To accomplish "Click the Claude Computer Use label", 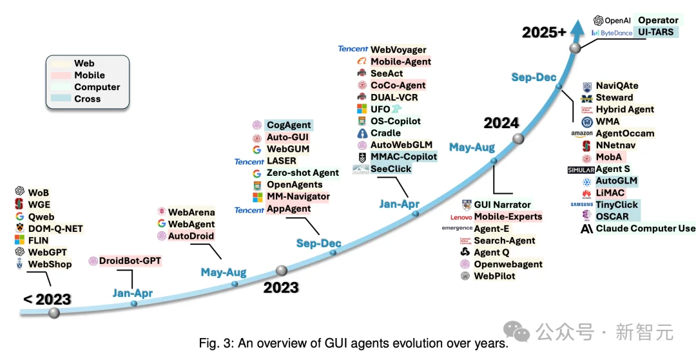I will (x=646, y=229).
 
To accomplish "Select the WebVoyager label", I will (x=398, y=50).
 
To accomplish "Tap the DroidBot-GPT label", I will (x=130, y=261).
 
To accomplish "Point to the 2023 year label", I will (x=281, y=287).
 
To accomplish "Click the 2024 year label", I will (x=501, y=123).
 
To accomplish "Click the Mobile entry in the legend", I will (x=90, y=75).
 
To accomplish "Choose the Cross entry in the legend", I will (x=87, y=99).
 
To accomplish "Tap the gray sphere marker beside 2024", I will (x=518, y=139).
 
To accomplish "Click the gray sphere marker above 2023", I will (x=281, y=270).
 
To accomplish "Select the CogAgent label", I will (x=289, y=125).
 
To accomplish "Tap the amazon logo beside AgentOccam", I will (x=581, y=133).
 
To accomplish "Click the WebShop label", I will (x=50, y=264).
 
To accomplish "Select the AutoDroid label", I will (x=191, y=236).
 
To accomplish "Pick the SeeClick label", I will (x=391, y=169).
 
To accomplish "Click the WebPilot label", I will (x=495, y=276).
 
